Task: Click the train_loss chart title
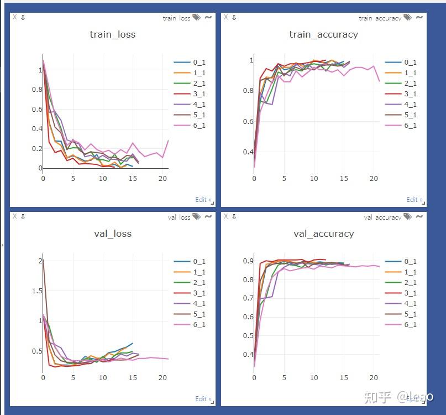click(x=112, y=34)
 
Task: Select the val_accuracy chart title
click(x=323, y=234)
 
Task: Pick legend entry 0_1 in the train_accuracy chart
click(x=410, y=63)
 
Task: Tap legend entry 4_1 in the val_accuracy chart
click(x=410, y=304)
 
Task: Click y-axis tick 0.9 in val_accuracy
click(x=248, y=261)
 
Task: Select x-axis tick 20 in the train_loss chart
click(x=163, y=179)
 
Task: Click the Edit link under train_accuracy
click(x=414, y=200)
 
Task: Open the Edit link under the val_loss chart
click(x=202, y=399)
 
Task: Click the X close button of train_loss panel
click(x=14, y=17)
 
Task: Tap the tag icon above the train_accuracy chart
click(x=407, y=18)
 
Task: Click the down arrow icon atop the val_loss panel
click(x=23, y=216)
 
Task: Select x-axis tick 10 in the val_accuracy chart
click(x=314, y=378)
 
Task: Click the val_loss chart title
click(x=113, y=234)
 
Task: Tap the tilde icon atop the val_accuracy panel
click(x=419, y=216)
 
